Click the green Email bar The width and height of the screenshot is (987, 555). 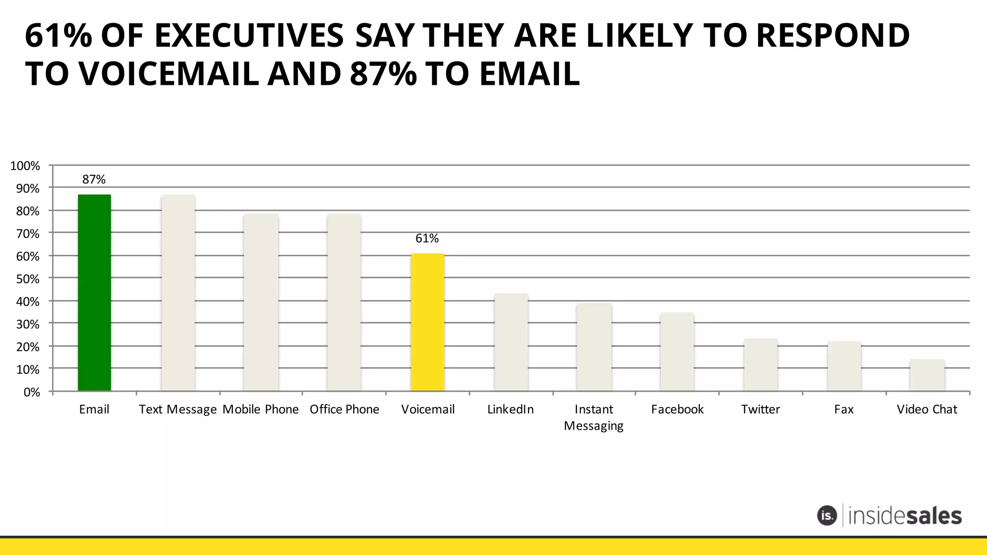(94, 292)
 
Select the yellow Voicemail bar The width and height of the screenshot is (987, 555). (427, 322)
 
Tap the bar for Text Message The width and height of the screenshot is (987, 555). (178, 292)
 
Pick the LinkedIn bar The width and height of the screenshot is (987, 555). (511, 342)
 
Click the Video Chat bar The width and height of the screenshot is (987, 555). (927, 375)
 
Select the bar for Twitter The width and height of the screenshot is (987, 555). (760, 365)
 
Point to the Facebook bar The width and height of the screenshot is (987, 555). (677, 352)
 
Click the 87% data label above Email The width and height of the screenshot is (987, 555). (94, 180)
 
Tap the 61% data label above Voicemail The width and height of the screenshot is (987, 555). (427, 238)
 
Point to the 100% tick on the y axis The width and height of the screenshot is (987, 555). (25, 166)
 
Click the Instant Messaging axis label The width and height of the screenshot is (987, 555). (594, 418)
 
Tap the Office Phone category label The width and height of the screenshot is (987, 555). (345, 410)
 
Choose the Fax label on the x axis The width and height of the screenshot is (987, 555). (844, 410)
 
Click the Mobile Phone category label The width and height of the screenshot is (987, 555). (261, 410)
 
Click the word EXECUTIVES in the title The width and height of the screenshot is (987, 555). (249, 36)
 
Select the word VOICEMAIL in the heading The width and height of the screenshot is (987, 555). (168, 75)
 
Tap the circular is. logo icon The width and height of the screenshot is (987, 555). (827, 515)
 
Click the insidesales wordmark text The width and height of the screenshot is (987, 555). (905, 516)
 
